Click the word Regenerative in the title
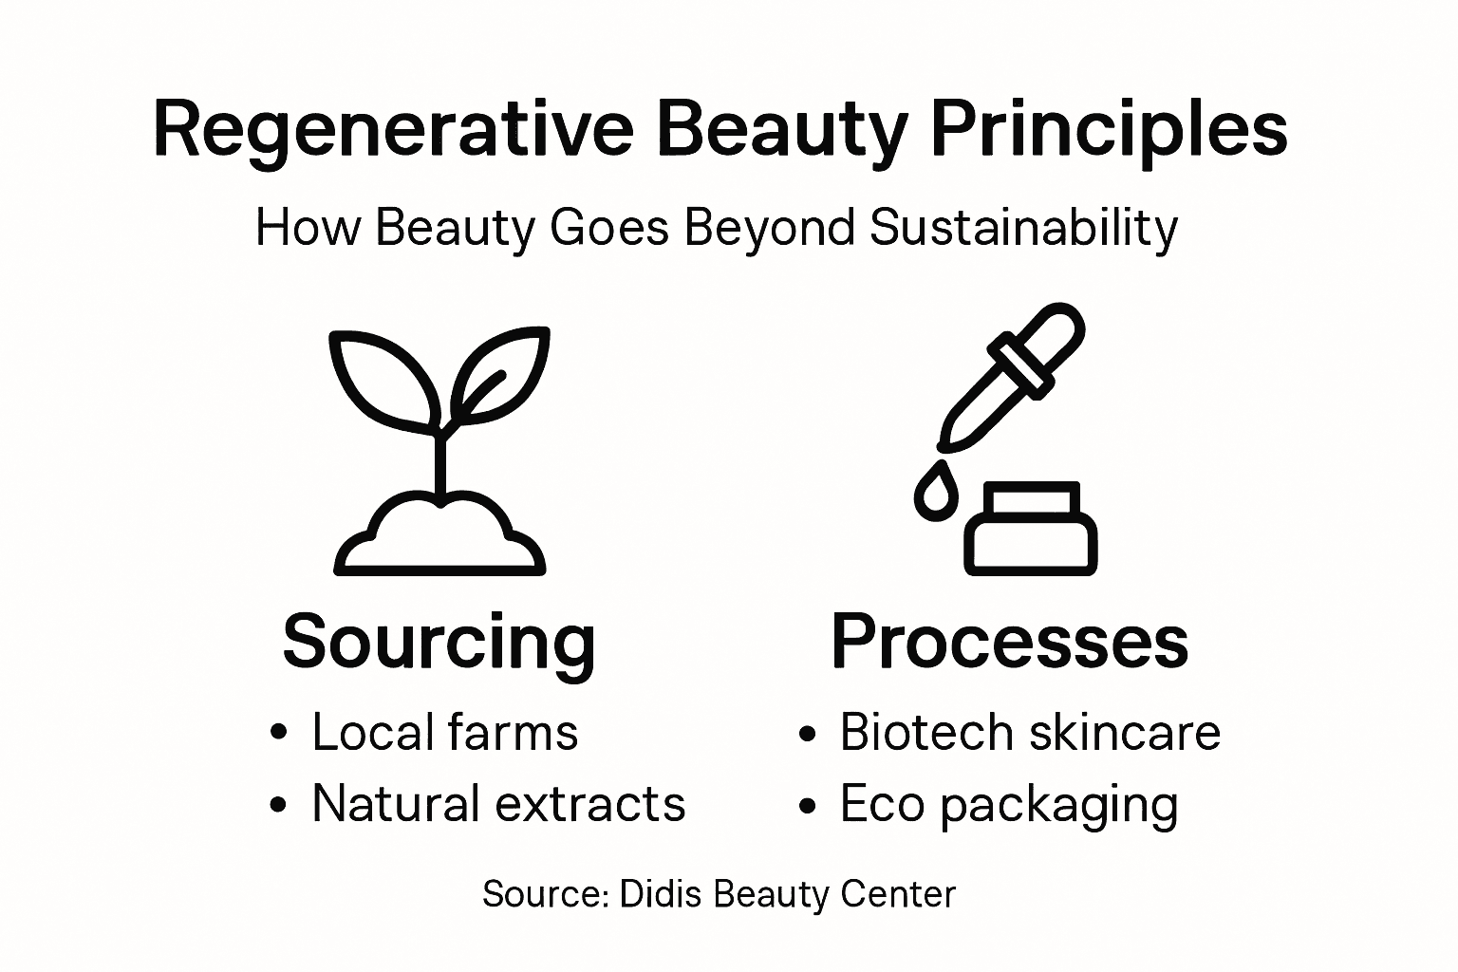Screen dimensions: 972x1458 (x=392, y=131)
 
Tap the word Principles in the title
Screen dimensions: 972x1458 (x=1110, y=131)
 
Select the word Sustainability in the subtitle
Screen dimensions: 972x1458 (x=1023, y=229)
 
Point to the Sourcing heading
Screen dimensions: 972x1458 (x=439, y=644)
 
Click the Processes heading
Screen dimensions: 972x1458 (x=1009, y=642)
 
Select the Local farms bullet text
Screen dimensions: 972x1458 (x=444, y=733)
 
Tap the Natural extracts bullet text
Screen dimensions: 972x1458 (x=498, y=804)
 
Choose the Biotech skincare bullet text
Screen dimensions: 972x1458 (x=1030, y=733)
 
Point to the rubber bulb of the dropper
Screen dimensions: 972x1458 (x=1049, y=333)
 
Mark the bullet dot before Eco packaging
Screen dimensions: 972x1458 (x=807, y=806)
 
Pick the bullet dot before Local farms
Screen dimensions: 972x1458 (x=278, y=734)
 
